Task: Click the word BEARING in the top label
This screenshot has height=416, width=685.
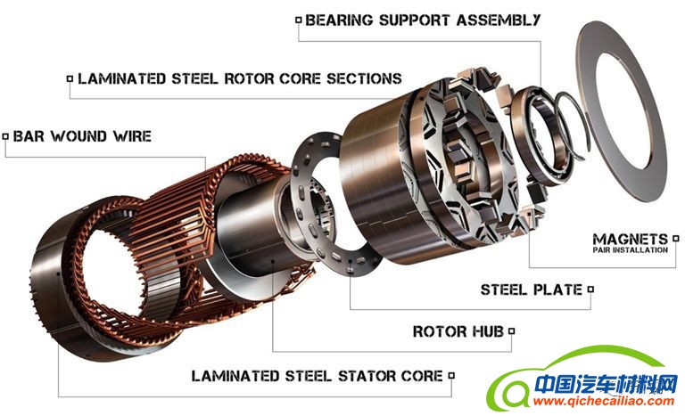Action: pyautogui.click(x=339, y=20)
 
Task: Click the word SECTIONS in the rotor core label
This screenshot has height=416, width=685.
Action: pyautogui.click(x=364, y=78)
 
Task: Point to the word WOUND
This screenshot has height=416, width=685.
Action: pyautogui.click(x=78, y=136)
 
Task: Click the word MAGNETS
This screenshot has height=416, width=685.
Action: pyautogui.click(x=631, y=240)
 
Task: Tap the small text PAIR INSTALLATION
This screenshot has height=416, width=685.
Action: pyautogui.click(x=631, y=250)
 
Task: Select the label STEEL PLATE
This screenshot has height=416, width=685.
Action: pyautogui.click(x=532, y=290)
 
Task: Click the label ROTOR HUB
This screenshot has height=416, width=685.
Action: pyautogui.click(x=458, y=331)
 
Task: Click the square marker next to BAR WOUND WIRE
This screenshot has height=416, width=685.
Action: pyautogui.click(x=5, y=136)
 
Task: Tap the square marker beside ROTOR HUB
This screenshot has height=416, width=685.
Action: pyautogui.click(x=512, y=331)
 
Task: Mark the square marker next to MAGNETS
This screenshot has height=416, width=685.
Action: pyautogui.click(x=676, y=239)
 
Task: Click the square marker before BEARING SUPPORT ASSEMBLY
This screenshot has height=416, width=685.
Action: pyautogui.click(x=299, y=20)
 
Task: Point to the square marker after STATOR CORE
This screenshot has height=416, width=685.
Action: pyautogui.click(x=451, y=375)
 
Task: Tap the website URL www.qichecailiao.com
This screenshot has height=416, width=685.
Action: pyautogui.click(x=604, y=401)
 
